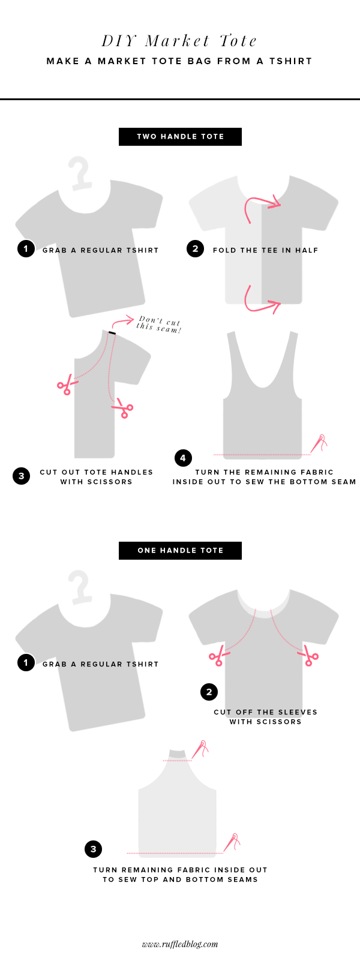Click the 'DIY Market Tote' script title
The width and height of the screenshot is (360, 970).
(179, 41)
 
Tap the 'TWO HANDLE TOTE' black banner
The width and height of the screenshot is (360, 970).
(180, 136)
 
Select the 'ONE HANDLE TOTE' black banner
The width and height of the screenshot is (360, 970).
(180, 551)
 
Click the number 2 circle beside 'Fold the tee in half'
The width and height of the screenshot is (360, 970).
(196, 248)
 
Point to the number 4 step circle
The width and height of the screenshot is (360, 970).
(183, 458)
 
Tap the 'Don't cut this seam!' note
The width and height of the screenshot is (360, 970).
(158, 325)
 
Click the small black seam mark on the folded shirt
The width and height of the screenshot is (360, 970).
(112, 332)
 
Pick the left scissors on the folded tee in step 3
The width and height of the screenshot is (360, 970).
(66, 385)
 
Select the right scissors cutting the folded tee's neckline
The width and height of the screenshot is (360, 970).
(123, 408)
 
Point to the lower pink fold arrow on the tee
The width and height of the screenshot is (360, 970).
(262, 301)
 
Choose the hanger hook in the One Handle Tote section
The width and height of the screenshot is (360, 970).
(80, 587)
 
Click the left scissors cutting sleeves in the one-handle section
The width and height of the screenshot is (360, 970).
(217, 655)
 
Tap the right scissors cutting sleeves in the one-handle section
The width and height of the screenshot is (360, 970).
(310, 655)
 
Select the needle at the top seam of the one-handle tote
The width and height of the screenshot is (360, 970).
(201, 748)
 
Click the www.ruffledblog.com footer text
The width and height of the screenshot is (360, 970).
(180, 944)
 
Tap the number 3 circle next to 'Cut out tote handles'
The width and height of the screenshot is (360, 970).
(21, 476)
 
